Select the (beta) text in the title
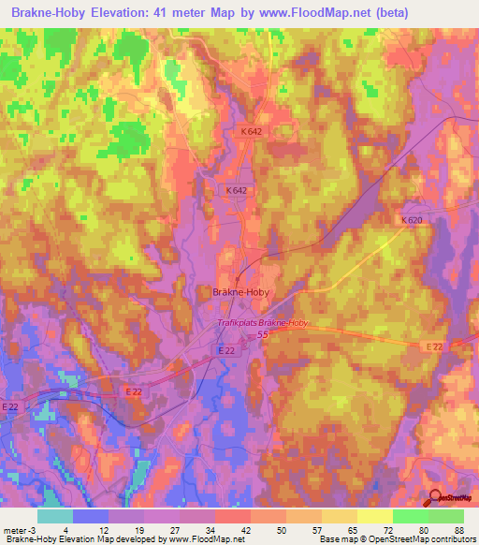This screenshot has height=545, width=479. (x=407, y=12)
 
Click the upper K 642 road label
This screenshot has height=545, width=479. (x=250, y=132)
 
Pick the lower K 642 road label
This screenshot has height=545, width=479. (x=237, y=190)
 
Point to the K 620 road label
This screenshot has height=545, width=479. (x=412, y=220)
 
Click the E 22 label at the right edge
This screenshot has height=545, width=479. (x=434, y=346)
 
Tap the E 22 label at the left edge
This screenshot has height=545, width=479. (x=11, y=406)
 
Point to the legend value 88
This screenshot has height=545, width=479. (x=458, y=529)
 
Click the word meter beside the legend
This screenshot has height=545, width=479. (x=15, y=529)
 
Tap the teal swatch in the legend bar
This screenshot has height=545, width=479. (x=55, y=516)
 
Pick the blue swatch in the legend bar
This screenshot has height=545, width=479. (x=91, y=516)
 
